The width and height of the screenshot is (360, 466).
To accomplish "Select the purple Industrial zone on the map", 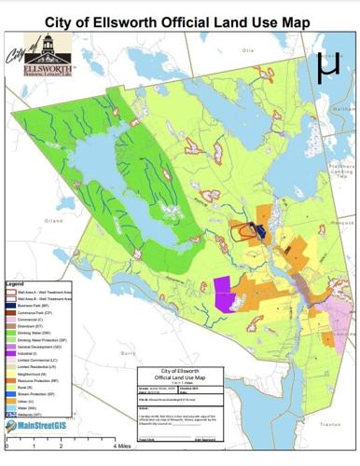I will (x=224, y=292).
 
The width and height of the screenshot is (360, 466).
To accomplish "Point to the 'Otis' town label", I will (x=248, y=50).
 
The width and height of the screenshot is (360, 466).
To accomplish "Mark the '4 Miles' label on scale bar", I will (x=124, y=446).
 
